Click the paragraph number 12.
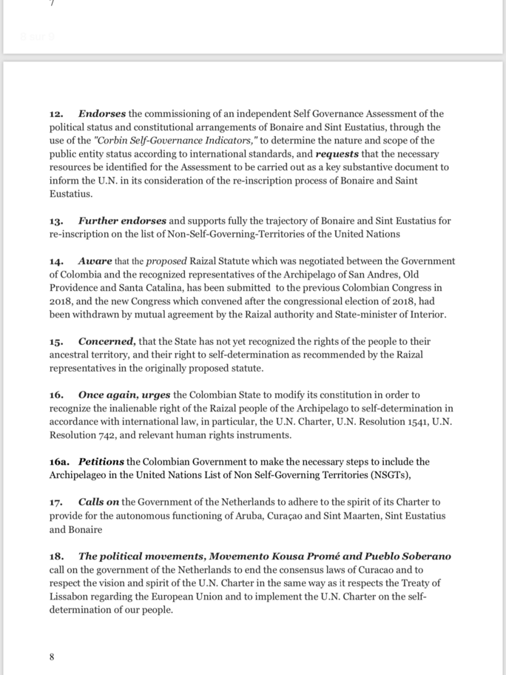[x=56, y=114]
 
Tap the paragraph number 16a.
[x=60, y=461]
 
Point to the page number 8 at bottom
[x=52, y=656]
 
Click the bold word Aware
[x=95, y=261]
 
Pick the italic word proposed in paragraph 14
[x=166, y=261]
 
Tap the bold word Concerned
[x=108, y=341]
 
